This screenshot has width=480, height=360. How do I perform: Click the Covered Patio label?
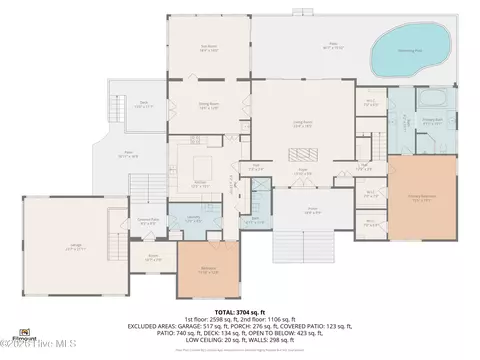[x=148, y=222]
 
